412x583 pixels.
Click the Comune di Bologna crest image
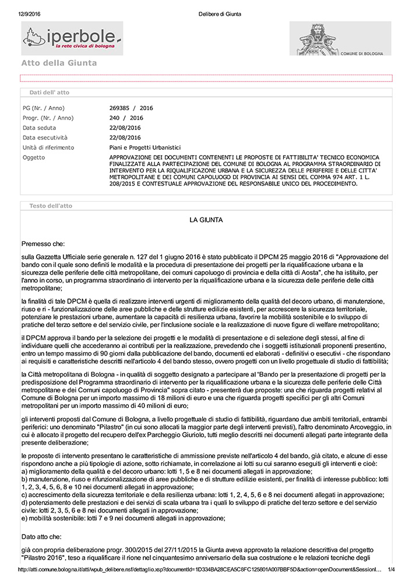(x=340, y=38)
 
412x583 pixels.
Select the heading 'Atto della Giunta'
(x=59, y=63)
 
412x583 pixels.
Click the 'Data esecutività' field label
(x=44, y=138)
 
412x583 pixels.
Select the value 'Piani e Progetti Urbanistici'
(x=145, y=147)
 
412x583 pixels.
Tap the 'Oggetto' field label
(x=33, y=157)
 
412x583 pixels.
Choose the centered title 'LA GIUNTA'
(x=206, y=220)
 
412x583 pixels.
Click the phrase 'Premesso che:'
(x=44, y=244)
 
